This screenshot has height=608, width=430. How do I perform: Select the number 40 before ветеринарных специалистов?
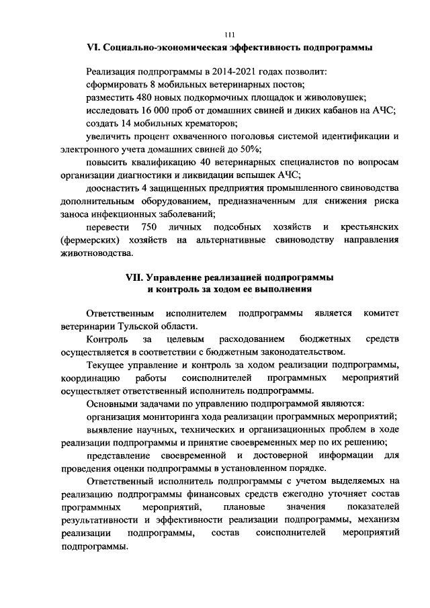pyautogui.click(x=200, y=163)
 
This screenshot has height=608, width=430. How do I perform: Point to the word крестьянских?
pyautogui.click(x=369, y=227)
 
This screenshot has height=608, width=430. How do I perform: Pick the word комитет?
pyautogui.click(x=380, y=313)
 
